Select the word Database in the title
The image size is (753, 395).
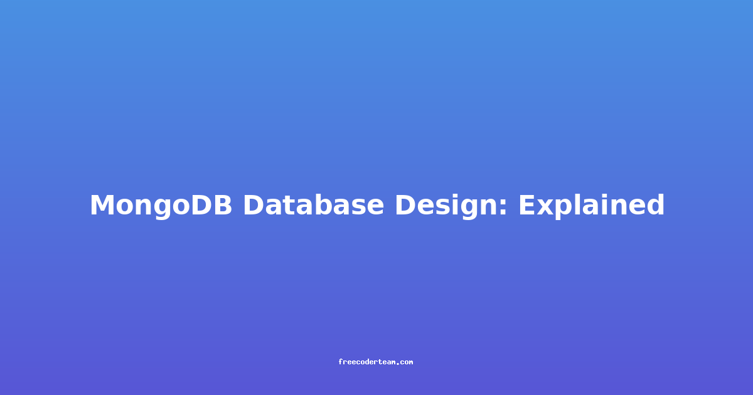(313, 204)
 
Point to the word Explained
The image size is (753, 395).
(592, 206)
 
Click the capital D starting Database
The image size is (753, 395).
(254, 204)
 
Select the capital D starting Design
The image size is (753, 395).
(405, 204)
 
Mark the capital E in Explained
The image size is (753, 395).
(527, 204)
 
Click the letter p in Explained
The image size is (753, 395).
(567, 209)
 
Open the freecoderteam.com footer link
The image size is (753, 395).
(376, 362)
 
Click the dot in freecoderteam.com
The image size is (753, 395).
(398, 364)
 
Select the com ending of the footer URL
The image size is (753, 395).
(407, 363)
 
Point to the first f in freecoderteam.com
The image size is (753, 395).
(341, 362)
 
